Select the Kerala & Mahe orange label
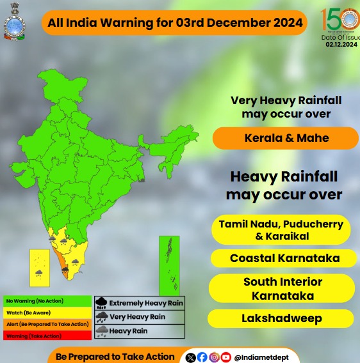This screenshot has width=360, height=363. pyautogui.click(x=286, y=138)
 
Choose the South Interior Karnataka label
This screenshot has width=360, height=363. pyautogui.click(x=282, y=289)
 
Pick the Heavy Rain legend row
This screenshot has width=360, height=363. pyautogui.click(x=139, y=331)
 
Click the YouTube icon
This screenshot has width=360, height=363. pyautogui.click(x=225, y=357)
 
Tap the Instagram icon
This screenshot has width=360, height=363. pyautogui.click(x=214, y=357)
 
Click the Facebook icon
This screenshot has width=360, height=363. pyautogui.click(x=202, y=357)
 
